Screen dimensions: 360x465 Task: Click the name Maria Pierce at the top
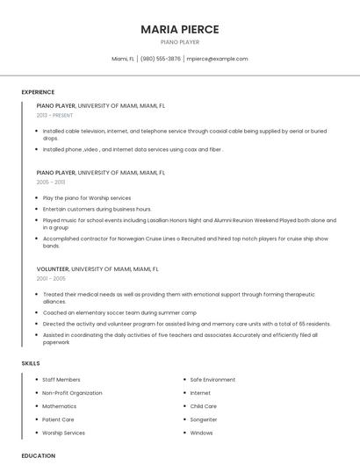pyautogui.click(x=180, y=29)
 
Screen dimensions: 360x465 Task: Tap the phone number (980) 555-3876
pyautogui.click(x=161, y=59)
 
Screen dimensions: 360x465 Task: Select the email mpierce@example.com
pyautogui.click(x=217, y=59)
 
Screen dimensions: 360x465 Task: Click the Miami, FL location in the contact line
pyautogui.click(x=123, y=59)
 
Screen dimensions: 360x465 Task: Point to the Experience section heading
pyautogui.click(x=38, y=92)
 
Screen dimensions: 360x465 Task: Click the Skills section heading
pyautogui.click(x=30, y=362)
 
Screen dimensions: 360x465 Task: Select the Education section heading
pyautogui.click(x=38, y=455)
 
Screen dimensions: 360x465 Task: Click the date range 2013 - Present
pyautogui.click(x=54, y=115)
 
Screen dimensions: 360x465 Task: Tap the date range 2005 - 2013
pyautogui.click(x=51, y=182)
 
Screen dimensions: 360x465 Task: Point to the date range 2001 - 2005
pyautogui.click(x=51, y=278)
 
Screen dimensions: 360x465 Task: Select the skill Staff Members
pyautogui.click(x=61, y=380)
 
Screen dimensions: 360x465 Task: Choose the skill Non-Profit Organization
pyautogui.click(x=72, y=393)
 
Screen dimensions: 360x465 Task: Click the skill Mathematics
pyautogui.click(x=60, y=406)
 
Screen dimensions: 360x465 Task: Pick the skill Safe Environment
pyautogui.click(x=212, y=380)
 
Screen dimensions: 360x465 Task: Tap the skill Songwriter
pyautogui.click(x=205, y=419)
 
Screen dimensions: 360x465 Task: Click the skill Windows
pyautogui.click(x=201, y=433)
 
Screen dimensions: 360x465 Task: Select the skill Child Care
pyautogui.click(x=204, y=406)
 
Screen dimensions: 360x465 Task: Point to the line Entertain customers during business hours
pyautogui.click(x=97, y=209)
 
